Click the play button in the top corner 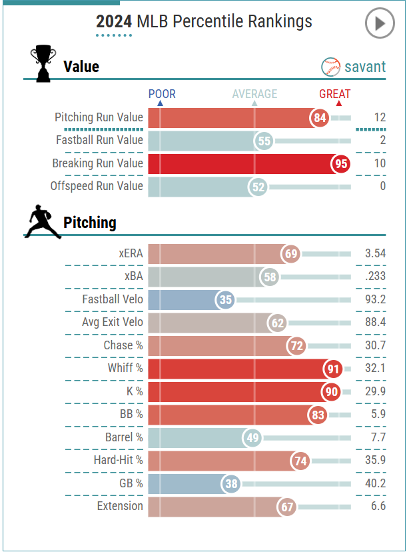pyautogui.click(x=380, y=24)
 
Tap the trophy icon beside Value pyautogui.click(x=43, y=63)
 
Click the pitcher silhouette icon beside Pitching pyautogui.click(x=41, y=222)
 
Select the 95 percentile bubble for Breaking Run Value pyautogui.click(x=340, y=164)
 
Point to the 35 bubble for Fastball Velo pyautogui.click(x=226, y=300)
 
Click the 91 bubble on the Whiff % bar pyautogui.click(x=332, y=369)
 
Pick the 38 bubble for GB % pyautogui.click(x=231, y=484)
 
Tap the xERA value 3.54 pyautogui.click(x=375, y=254)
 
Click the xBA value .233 pyautogui.click(x=375, y=277)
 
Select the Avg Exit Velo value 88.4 pyautogui.click(x=375, y=323)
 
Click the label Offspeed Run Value pyautogui.click(x=97, y=186)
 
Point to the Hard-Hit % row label pyautogui.click(x=118, y=460)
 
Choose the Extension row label pyautogui.click(x=120, y=506)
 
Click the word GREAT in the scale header pyautogui.click(x=334, y=94)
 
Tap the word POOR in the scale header pyautogui.click(x=162, y=94)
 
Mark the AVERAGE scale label pyautogui.click(x=254, y=94)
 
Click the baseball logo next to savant pyautogui.click(x=331, y=67)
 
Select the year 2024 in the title pyautogui.click(x=114, y=22)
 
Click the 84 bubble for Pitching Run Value pyautogui.click(x=320, y=119)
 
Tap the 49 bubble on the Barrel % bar pyautogui.click(x=251, y=438)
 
